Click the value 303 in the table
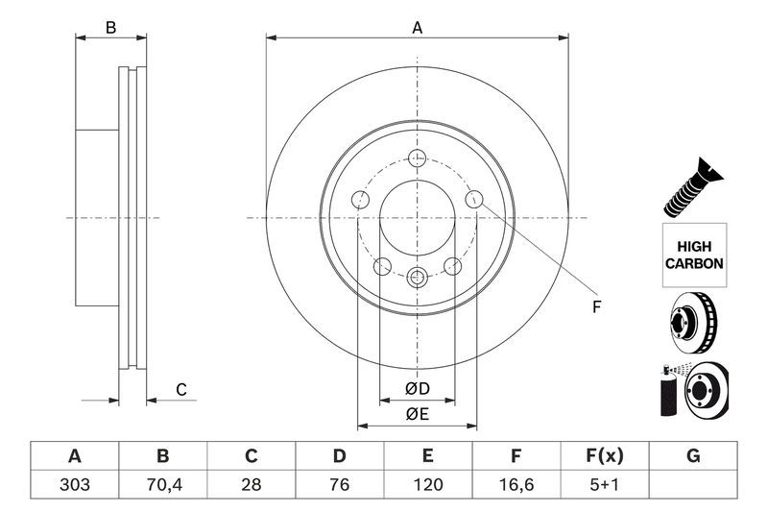point(75,484)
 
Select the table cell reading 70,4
point(163,484)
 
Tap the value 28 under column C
point(252,484)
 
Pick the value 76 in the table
point(340,484)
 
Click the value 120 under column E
point(428,484)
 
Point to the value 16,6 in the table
point(516,484)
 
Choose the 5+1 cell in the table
point(605,484)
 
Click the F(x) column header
point(605,455)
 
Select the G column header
point(693,455)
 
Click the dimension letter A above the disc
point(418,28)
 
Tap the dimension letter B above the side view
point(111,28)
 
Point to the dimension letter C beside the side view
point(180,389)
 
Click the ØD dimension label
point(416,389)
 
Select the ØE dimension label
point(416,414)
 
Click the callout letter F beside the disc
point(595,307)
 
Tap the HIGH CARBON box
point(693,255)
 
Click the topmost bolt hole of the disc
point(417,158)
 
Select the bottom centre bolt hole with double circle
point(417,278)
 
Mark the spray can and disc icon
point(693,389)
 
